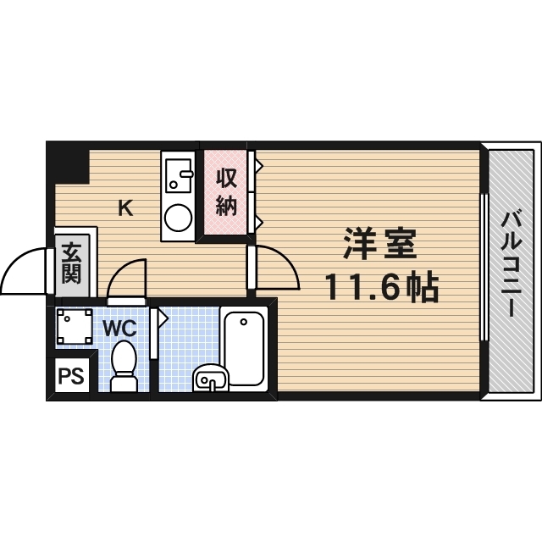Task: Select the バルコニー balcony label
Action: (x=512, y=264)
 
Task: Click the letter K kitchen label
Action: (x=124, y=207)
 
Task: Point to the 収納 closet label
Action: (x=225, y=192)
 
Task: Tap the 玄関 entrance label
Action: (x=70, y=263)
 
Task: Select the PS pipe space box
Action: (x=71, y=375)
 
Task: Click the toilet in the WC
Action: (x=124, y=367)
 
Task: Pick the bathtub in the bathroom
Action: (x=245, y=348)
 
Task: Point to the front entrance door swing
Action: (x=24, y=271)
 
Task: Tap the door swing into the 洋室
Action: (x=275, y=267)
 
